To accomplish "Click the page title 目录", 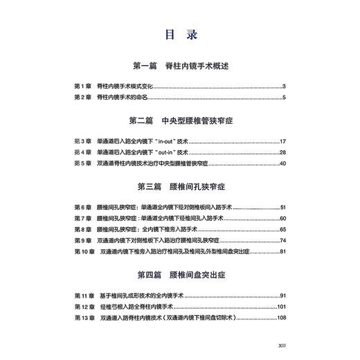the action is (x=179, y=34).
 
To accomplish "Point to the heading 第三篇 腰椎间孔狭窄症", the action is (x=179, y=188).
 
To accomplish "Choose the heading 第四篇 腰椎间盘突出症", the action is (x=179, y=275).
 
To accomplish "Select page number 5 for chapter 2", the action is (x=284, y=98).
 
